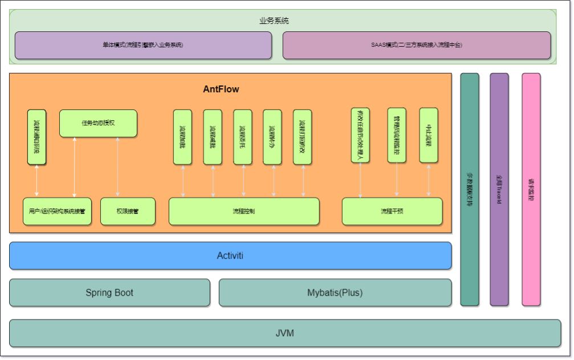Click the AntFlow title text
point(221,89)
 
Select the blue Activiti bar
point(230,255)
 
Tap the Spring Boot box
point(109,293)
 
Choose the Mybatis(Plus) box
point(335,293)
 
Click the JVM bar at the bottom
point(284,333)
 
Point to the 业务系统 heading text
point(274,21)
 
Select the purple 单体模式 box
point(143,45)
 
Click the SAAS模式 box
point(416,45)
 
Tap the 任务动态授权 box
point(98,123)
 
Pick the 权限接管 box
point(128,211)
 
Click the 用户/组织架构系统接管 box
point(57,211)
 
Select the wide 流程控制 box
point(244,211)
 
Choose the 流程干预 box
point(392,211)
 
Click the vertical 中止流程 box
point(429,135)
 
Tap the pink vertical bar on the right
point(531,189)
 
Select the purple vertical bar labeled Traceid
point(499,189)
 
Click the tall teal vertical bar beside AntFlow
point(469,189)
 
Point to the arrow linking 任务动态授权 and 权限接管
point(117,167)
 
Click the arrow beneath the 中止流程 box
point(429,180)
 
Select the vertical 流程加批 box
point(182,137)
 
